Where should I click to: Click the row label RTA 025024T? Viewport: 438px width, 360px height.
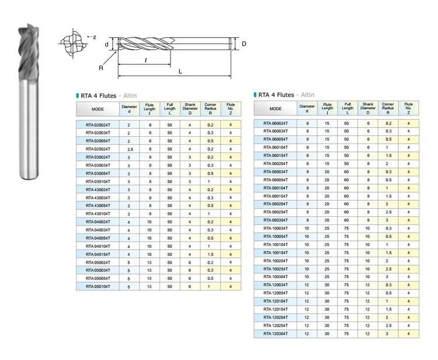[98, 149]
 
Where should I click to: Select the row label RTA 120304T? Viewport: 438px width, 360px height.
[276, 334]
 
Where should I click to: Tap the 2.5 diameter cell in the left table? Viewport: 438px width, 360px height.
[130, 149]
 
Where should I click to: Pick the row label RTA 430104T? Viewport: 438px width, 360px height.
[98, 213]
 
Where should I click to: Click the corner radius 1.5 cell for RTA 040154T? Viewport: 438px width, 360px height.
[210, 254]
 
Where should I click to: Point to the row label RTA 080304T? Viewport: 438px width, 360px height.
[276, 220]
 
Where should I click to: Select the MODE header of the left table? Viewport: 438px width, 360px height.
[98, 109]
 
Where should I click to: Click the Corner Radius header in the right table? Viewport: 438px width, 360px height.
[388, 108]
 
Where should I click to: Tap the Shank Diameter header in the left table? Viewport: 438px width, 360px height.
[190, 109]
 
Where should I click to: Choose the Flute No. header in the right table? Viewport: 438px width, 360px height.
[408, 108]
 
